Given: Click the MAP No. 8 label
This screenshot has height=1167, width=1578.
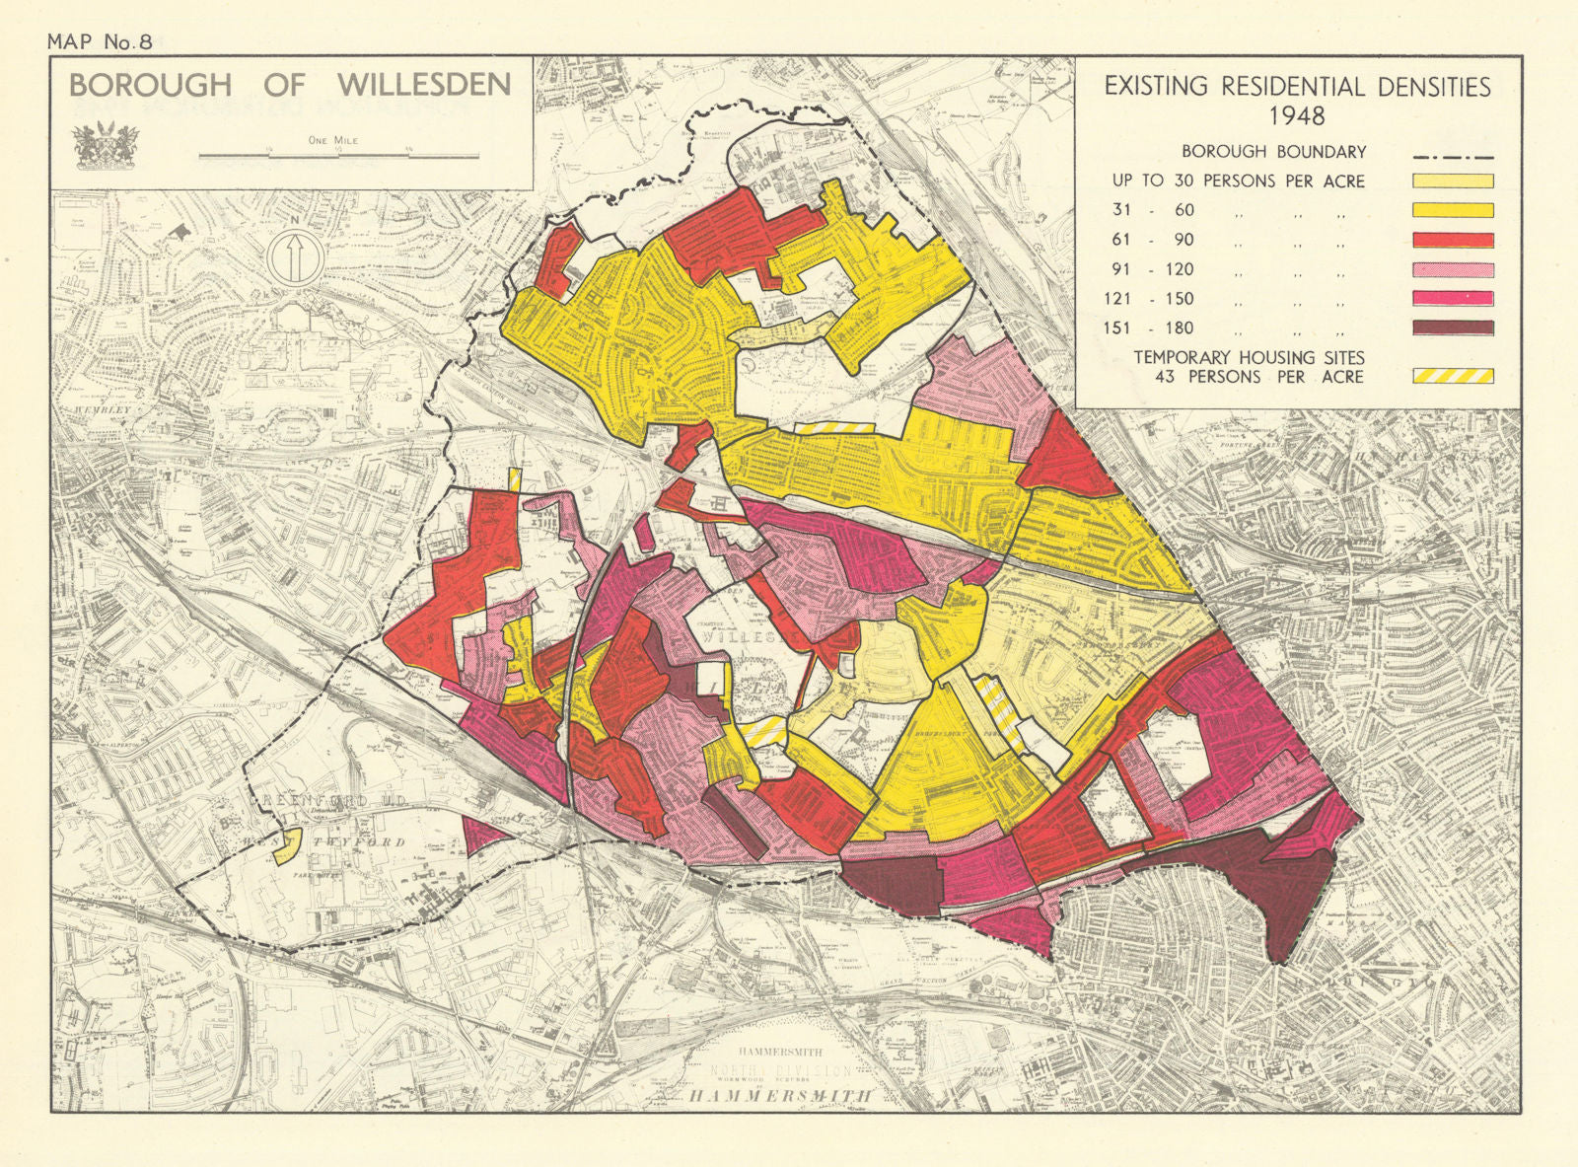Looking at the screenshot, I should click(100, 41).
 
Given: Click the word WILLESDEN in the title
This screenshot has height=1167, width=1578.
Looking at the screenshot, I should click(424, 86).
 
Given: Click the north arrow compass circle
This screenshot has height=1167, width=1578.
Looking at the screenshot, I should click(294, 257).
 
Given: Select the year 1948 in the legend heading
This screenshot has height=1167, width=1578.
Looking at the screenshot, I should click(1297, 115).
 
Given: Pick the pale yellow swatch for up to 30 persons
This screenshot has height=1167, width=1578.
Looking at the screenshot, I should click(1453, 182).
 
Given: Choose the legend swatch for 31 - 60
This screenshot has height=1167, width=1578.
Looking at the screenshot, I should click(1453, 210).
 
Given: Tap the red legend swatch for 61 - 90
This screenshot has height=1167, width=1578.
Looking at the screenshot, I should click(1453, 240).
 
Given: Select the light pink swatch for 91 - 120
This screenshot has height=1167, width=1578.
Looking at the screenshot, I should click(1453, 269).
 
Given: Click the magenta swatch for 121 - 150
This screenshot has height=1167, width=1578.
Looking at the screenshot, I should click(1453, 299).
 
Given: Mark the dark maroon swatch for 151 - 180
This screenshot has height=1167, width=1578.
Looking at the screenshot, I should click(1453, 328).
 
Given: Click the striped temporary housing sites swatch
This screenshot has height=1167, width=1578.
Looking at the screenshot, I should click(1453, 376).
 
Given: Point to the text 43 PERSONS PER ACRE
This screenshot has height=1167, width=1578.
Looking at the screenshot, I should click(1259, 377).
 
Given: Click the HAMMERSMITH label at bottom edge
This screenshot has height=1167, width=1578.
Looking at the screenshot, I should click(779, 1096).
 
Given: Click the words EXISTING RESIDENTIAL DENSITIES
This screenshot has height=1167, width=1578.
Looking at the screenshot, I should click(1297, 87).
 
